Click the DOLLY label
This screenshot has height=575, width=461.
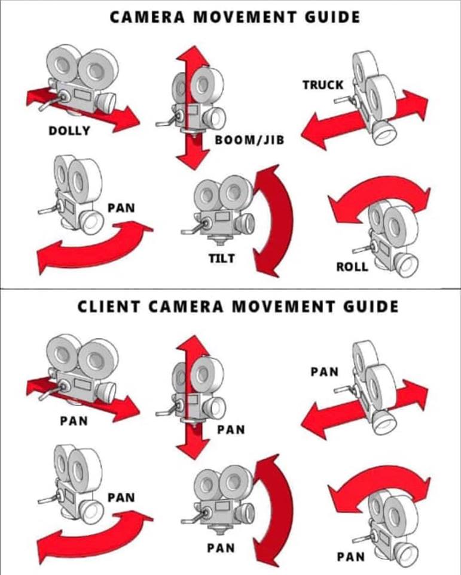point(69,131)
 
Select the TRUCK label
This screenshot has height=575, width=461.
point(323,84)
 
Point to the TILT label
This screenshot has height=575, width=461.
point(222,259)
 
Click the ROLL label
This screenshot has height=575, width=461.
point(352,267)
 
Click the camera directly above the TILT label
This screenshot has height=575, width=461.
point(218,210)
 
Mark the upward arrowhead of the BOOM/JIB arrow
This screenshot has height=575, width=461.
point(193,57)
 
